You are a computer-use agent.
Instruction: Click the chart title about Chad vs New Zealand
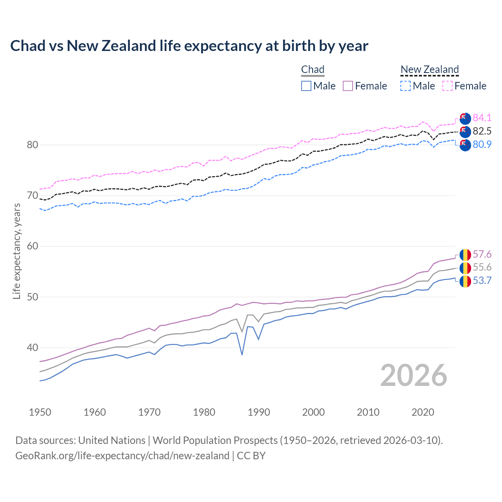(x=189, y=46)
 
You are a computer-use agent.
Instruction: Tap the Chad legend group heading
(x=313, y=69)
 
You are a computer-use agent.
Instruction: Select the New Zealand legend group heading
(x=429, y=69)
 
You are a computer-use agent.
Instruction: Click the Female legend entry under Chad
(x=365, y=86)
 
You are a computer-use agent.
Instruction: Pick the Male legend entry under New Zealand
(x=418, y=86)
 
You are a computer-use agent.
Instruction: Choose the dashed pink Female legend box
(x=447, y=86)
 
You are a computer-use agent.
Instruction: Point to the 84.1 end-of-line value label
(x=482, y=118)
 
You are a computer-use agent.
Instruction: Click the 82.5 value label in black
(x=482, y=131)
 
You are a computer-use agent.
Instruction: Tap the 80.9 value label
(x=482, y=144)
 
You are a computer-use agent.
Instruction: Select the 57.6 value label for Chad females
(x=482, y=254)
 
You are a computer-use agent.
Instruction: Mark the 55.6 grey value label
(x=482, y=267)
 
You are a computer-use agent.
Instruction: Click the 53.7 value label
(x=482, y=280)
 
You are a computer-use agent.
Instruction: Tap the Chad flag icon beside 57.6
(x=465, y=255)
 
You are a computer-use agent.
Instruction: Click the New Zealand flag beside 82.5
(x=465, y=131)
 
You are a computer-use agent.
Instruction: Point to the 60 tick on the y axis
(x=33, y=246)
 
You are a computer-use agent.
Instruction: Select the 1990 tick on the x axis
(x=259, y=412)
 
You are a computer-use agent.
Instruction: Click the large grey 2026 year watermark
(x=414, y=375)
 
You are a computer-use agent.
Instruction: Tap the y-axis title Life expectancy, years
(x=16, y=251)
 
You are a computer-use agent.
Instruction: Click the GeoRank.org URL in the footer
(x=122, y=456)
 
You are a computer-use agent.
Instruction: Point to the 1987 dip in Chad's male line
(x=242, y=355)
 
